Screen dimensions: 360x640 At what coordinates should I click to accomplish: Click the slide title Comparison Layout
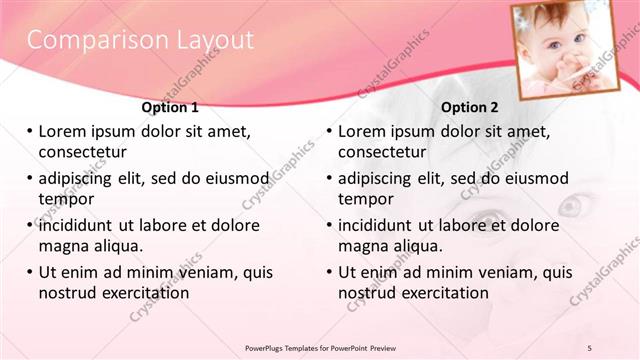coord(139,40)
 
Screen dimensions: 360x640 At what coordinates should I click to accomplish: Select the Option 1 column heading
coord(170,107)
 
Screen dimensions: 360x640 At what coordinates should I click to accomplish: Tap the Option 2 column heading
coord(469,107)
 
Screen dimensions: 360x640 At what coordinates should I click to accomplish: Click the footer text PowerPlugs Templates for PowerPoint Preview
coord(321,346)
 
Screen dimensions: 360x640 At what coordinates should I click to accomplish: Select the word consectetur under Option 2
coord(382,152)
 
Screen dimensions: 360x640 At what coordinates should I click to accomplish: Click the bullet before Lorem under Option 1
coord(30,131)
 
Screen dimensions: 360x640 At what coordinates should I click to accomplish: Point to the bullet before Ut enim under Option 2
coord(330,272)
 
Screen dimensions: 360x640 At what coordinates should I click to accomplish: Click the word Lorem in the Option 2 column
coord(361,131)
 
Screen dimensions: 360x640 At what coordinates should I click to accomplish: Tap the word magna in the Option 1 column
coord(63,246)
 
